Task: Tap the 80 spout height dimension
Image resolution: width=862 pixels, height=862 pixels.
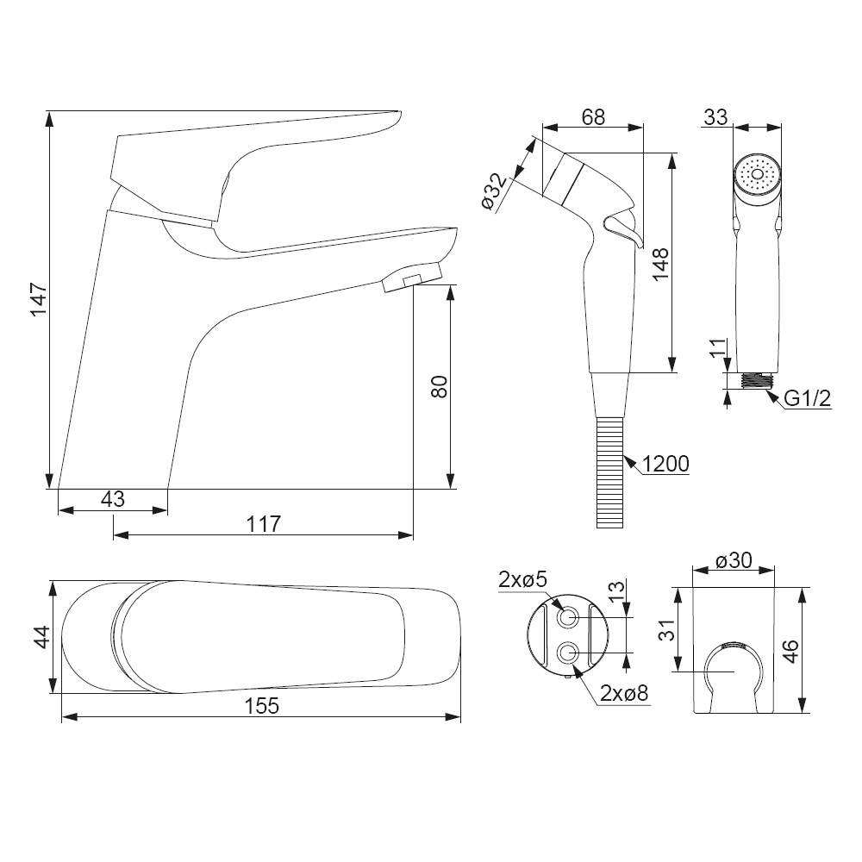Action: point(440,386)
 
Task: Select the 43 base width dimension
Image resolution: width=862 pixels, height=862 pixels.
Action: point(113,498)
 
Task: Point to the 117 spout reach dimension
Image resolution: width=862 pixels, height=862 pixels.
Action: point(263,524)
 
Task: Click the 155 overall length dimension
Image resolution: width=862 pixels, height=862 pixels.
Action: point(262,706)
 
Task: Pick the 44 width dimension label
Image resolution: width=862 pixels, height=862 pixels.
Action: point(41,637)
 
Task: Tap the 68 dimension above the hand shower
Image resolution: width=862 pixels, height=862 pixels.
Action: point(593,117)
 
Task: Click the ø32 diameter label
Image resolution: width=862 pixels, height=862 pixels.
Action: point(495,192)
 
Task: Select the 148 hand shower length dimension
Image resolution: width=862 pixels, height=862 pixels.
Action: point(660,264)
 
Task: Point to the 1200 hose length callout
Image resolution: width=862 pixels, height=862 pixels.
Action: point(665,464)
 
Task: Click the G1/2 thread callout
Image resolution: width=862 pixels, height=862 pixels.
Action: point(807,398)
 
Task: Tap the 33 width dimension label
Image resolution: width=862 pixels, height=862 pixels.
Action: point(715,117)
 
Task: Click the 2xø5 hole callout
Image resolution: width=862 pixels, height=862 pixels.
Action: point(522,579)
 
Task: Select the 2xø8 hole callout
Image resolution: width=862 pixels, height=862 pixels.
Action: point(624,693)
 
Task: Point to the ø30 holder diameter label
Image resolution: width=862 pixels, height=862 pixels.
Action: point(734,560)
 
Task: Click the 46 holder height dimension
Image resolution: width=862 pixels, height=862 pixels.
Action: point(790,652)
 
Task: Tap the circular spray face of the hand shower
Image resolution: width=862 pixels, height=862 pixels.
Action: point(757,175)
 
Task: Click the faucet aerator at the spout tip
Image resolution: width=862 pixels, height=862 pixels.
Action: point(411,277)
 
